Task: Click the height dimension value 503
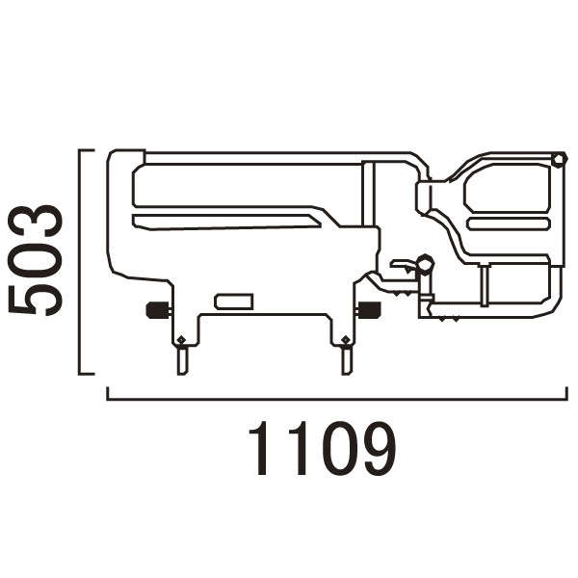pos(36,260)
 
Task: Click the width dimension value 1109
pos(323,448)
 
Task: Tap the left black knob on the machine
pos(155,310)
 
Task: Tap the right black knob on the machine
pos(370,309)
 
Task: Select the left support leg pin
pos(182,361)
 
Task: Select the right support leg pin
pos(346,361)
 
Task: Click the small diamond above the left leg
pos(181,339)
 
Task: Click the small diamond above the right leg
pos(346,339)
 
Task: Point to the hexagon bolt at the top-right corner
pos(559,160)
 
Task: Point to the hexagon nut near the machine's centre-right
pos(425,264)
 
